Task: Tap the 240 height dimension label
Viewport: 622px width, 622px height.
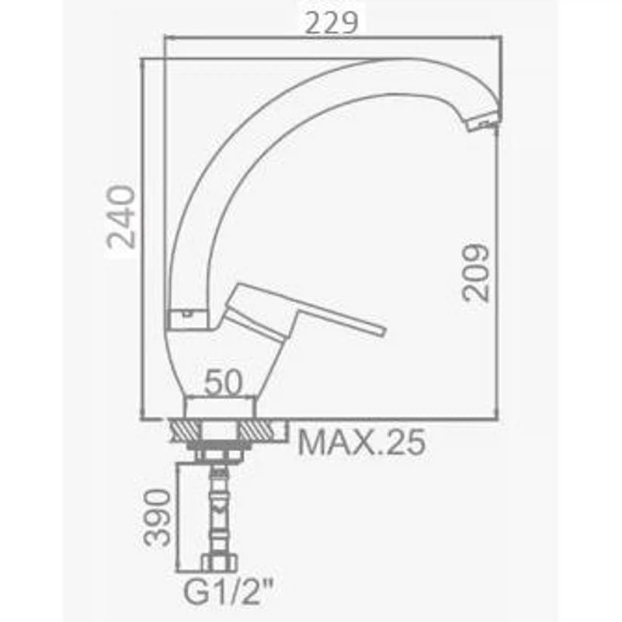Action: (122, 217)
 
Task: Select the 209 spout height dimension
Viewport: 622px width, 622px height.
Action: (476, 273)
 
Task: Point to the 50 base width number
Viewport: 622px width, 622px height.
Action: (223, 382)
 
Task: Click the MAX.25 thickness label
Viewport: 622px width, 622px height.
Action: (361, 442)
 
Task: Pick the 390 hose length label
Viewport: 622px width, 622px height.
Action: (158, 518)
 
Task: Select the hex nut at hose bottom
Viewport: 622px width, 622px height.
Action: (219, 563)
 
